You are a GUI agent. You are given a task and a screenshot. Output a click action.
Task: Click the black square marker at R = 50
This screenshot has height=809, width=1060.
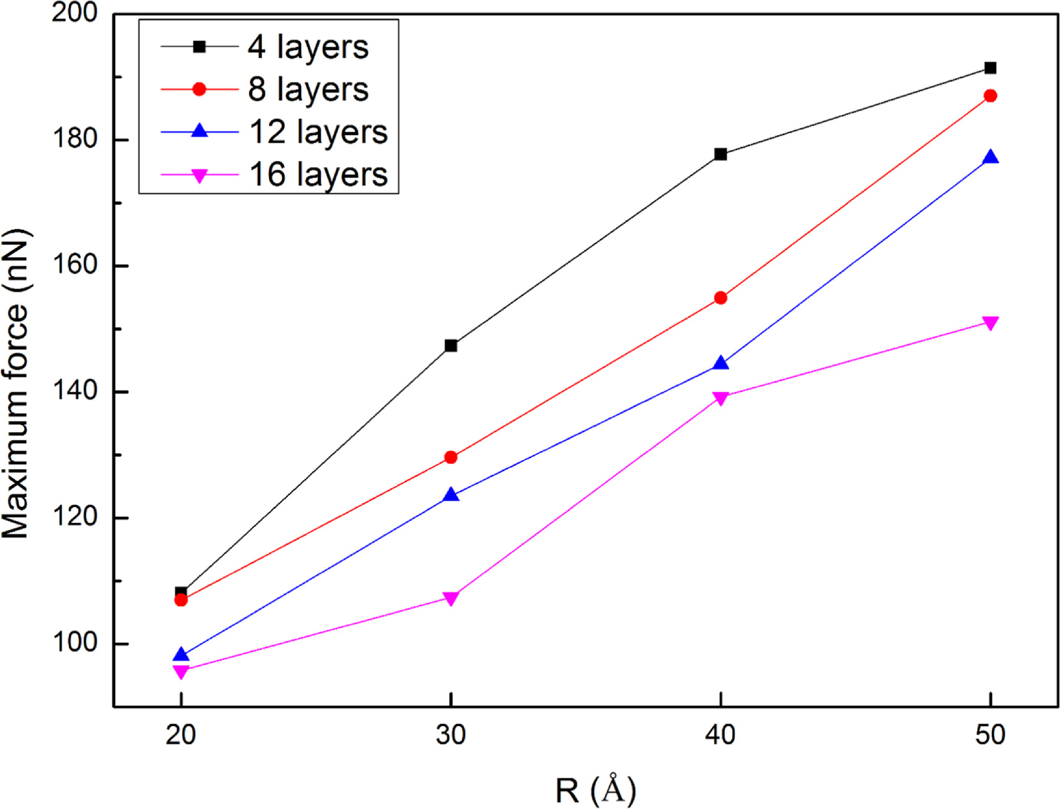990,68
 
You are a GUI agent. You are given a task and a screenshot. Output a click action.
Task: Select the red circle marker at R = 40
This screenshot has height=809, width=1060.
721,298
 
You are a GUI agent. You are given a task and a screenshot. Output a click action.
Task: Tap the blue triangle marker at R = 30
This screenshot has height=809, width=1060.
451,495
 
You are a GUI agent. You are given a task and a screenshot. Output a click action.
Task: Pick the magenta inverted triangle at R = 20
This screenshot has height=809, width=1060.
181,672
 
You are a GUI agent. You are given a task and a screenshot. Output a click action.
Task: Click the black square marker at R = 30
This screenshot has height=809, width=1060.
451,345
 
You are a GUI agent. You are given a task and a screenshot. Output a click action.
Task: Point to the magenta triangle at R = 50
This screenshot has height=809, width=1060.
990,323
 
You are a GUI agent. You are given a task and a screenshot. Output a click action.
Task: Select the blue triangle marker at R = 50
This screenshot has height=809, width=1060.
990,158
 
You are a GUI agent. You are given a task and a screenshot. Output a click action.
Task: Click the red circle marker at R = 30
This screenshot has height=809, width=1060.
451,457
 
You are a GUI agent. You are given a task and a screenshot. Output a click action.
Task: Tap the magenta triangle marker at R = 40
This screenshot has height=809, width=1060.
721,398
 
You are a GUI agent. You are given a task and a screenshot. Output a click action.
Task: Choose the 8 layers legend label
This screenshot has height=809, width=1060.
308,90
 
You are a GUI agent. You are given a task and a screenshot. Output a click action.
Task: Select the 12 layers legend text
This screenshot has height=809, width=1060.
318,132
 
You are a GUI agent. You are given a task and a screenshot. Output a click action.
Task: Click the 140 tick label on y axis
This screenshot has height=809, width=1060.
74,391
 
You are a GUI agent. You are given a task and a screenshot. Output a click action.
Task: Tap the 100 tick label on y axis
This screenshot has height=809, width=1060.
74,643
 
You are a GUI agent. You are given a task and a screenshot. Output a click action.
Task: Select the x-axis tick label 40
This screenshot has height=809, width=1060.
721,735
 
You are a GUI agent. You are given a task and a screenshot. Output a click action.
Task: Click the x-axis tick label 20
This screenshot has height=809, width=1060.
181,735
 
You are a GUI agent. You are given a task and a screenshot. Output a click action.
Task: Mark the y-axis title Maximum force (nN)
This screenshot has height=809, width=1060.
16,384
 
